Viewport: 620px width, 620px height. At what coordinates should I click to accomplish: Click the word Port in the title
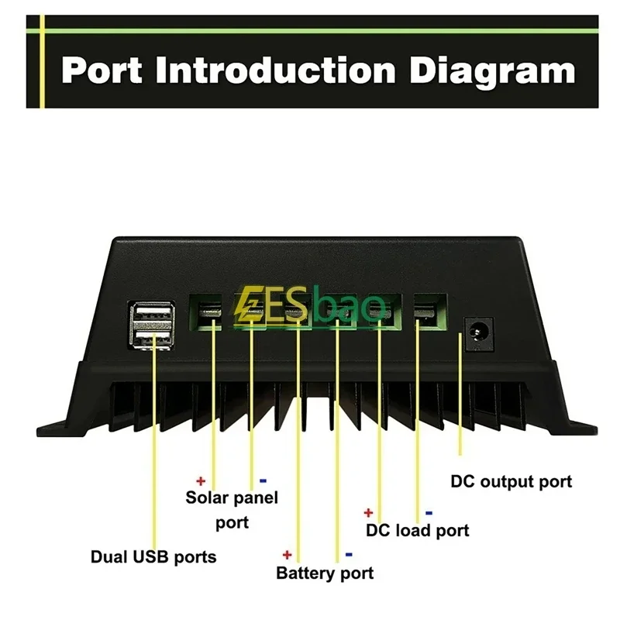102,71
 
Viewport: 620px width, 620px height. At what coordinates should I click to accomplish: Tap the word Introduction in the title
276,71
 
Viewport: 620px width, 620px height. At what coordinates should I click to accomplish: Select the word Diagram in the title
492,73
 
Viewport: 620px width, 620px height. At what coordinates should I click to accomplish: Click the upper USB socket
153,312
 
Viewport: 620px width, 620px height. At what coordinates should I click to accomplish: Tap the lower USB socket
153,338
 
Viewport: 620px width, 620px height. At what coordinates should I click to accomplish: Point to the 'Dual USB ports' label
153,556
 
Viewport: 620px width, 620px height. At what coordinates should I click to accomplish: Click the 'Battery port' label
325,573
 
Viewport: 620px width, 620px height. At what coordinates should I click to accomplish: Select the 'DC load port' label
418,531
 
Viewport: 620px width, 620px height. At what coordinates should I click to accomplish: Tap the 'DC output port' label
511,481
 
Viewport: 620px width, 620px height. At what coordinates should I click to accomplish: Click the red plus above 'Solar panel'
201,480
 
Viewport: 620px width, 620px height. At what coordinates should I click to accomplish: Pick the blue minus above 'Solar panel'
263,480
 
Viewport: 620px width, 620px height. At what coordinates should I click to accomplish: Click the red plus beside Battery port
288,555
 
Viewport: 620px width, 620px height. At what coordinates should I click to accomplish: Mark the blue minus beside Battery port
349,555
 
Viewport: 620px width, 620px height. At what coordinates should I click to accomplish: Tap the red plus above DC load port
369,513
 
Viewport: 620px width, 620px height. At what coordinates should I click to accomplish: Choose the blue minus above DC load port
429,513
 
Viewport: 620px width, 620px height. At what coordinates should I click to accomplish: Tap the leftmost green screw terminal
205,311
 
